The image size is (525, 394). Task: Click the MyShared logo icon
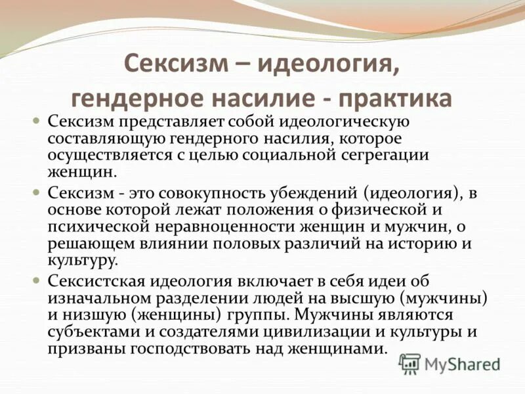[x=409, y=362]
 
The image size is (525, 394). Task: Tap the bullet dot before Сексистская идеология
[x=37, y=280]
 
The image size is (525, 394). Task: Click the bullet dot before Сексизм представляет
[x=37, y=123]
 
